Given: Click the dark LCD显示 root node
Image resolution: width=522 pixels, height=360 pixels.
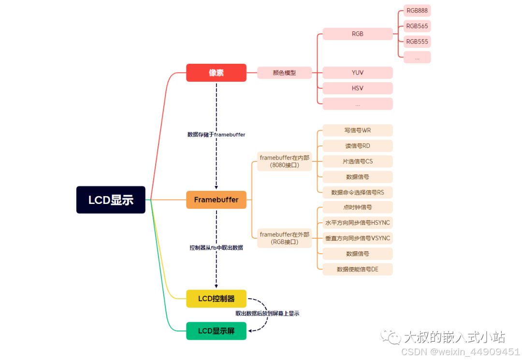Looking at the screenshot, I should (111, 200).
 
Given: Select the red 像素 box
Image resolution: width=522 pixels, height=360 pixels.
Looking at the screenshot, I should (216, 72).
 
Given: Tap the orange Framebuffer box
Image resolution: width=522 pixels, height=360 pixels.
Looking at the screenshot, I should (216, 200).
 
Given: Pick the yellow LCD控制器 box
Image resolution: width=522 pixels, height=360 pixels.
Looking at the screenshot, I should (216, 299).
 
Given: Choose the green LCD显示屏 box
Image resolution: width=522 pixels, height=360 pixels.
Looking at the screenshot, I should (216, 331).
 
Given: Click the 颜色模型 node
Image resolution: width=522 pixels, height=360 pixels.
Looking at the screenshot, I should (284, 73).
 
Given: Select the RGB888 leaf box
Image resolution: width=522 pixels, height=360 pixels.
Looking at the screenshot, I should (417, 11).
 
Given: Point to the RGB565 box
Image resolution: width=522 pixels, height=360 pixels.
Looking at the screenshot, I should (417, 26).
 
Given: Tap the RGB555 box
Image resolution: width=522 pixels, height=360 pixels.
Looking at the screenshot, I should (417, 42).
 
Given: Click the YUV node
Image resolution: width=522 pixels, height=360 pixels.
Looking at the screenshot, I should (358, 73).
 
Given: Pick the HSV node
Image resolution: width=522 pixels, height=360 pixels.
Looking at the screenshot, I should (358, 88).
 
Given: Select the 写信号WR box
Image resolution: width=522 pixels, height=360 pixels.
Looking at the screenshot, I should (358, 130).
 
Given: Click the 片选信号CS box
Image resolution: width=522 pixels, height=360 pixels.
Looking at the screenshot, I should (358, 161).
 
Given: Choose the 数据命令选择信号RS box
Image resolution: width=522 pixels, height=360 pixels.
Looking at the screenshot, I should (358, 192).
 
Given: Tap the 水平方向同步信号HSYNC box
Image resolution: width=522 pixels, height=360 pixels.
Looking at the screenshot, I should (358, 223).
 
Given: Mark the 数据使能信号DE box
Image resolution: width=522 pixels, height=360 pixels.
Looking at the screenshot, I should (358, 269).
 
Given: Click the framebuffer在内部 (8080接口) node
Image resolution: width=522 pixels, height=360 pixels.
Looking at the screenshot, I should (285, 161).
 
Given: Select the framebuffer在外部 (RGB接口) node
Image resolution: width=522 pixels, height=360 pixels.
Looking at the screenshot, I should (285, 238).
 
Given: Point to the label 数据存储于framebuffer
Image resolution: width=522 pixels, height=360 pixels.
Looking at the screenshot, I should (216, 135).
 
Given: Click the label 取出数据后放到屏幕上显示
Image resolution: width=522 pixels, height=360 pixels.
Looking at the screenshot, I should (267, 314).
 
